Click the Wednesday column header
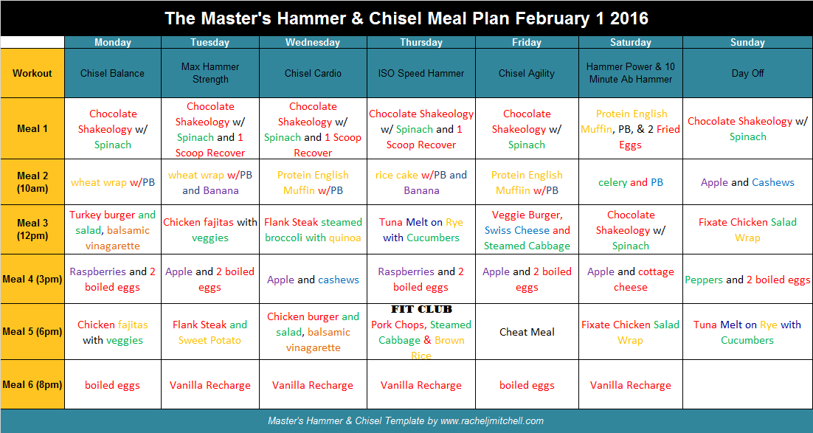(313, 43)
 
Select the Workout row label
(32, 73)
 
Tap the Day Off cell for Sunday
(747, 73)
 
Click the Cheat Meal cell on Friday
(527, 332)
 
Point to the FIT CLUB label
(421, 310)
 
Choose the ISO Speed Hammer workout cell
(421, 73)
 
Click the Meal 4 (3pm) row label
(32, 279)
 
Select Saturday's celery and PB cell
(631, 182)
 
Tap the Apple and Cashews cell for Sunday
(747, 182)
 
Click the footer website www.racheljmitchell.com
(492, 421)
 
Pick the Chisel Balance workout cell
(113, 73)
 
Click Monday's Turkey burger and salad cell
(113, 229)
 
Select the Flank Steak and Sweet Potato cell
(210, 332)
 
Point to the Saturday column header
(631, 43)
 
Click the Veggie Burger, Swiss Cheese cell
(527, 229)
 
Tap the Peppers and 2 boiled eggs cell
(747, 280)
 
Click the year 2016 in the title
(629, 18)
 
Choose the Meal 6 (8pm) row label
(32, 385)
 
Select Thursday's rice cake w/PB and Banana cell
(421, 182)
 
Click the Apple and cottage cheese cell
(631, 279)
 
